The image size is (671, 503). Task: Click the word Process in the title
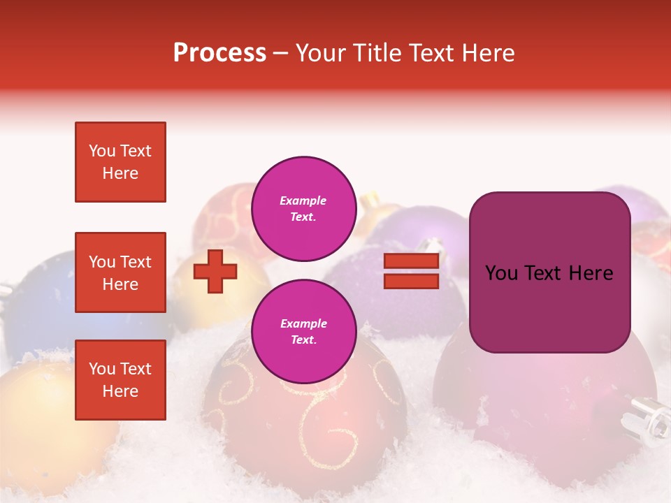[219, 53]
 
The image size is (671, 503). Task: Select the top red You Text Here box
[120, 162]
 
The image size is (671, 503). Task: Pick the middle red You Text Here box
[120, 272]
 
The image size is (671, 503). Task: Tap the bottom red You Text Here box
[120, 380]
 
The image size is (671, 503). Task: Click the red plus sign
[215, 271]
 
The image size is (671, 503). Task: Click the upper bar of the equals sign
[411, 261]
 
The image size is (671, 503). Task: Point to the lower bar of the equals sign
[411, 282]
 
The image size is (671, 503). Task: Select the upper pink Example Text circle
[303, 209]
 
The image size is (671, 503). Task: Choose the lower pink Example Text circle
[303, 332]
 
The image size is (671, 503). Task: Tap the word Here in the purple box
[591, 273]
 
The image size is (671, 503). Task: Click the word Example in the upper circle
[303, 201]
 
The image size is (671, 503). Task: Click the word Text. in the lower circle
[303, 340]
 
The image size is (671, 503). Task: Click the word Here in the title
[489, 53]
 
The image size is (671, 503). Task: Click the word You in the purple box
[501, 273]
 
